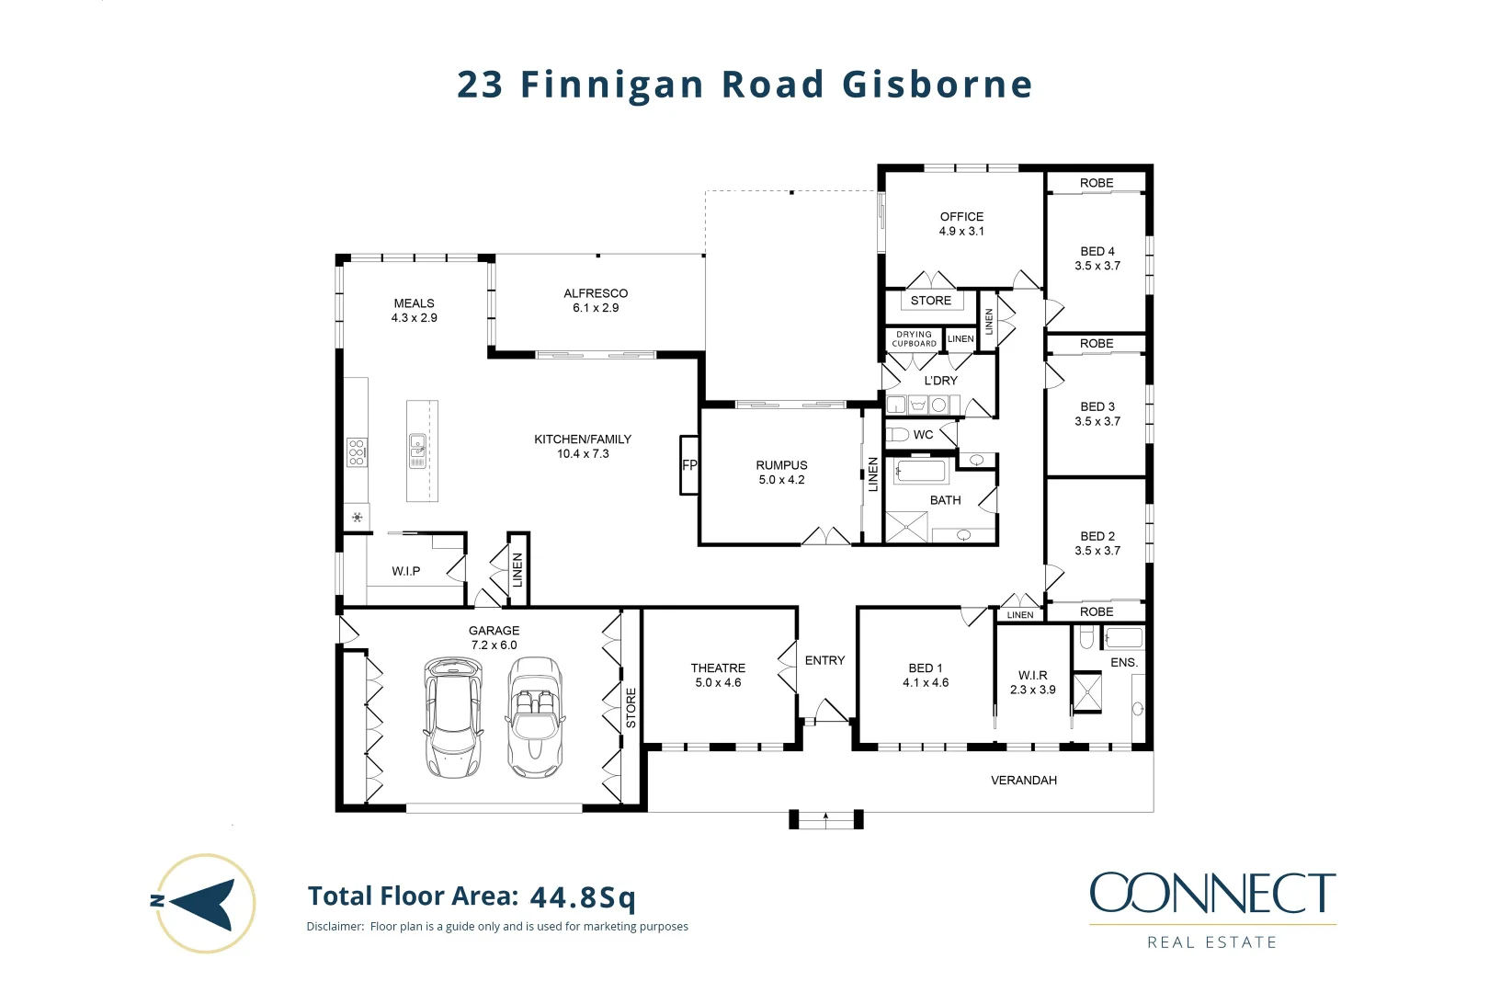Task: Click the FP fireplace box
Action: click(x=689, y=465)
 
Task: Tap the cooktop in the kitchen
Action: click(x=357, y=451)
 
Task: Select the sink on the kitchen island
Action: click(x=417, y=446)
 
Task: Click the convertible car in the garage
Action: click(x=535, y=717)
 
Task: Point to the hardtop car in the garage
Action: click(x=452, y=717)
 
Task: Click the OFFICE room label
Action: click(x=961, y=223)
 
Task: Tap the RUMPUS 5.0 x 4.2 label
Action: click(x=781, y=473)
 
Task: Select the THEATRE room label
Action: click(x=718, y=675)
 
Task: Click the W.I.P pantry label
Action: click(x=405, y=571)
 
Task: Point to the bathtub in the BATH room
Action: click(x=921, y=472)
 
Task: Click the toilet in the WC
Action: click(x=898, y=434)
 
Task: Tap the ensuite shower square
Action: click(x=1087, y=692)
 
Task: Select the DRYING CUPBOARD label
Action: click(x=914, y=339)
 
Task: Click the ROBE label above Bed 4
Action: click(x=1097, y=183)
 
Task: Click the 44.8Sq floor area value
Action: click(x=583, y=896)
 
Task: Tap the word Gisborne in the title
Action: click(x=938, y=85)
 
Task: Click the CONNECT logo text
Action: click(x=1212, y=893)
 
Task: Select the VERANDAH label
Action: click(x=1023, y=780)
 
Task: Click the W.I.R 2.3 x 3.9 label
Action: click(x=1032, y=682)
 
